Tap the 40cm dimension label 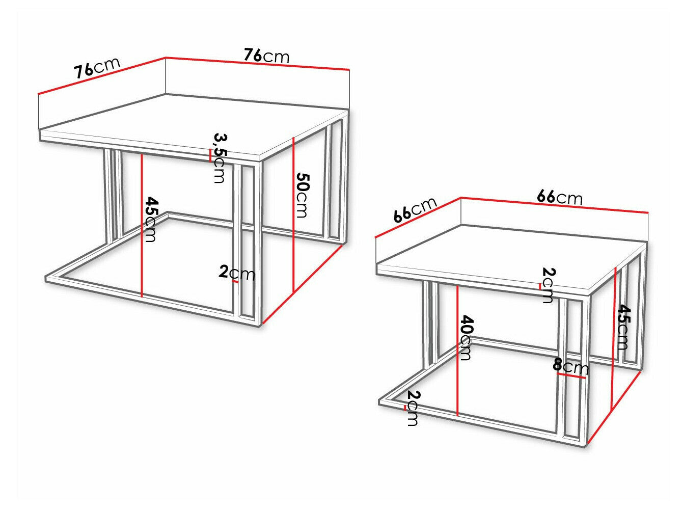465,338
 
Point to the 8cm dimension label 570,366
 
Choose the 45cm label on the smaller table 622,327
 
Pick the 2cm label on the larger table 236,273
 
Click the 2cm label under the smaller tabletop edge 548,285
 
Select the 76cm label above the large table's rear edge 266,56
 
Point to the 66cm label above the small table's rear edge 559,197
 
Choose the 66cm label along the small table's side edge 416,210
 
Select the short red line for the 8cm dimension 572,375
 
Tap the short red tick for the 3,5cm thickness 211,155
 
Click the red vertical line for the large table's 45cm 142,225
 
